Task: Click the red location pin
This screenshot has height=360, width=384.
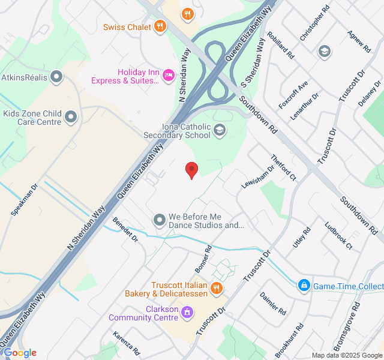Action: click(191, 170)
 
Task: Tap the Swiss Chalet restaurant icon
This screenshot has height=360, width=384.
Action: click(160, 26)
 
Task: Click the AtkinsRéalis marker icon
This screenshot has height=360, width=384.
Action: click(57, 76)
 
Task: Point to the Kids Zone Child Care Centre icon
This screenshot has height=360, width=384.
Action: click(71, 116)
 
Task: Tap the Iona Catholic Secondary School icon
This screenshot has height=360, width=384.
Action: click(220, 130)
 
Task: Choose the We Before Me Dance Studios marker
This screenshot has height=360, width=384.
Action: click(160, 220)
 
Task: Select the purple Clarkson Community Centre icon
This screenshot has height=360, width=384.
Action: click(187, 312)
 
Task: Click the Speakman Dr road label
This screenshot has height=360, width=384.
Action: click(25, 200)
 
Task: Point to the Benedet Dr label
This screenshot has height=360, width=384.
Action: click(125, 230)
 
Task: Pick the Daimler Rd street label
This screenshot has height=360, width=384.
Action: click(273, 303)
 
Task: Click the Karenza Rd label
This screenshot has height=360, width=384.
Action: click(127, 343)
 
